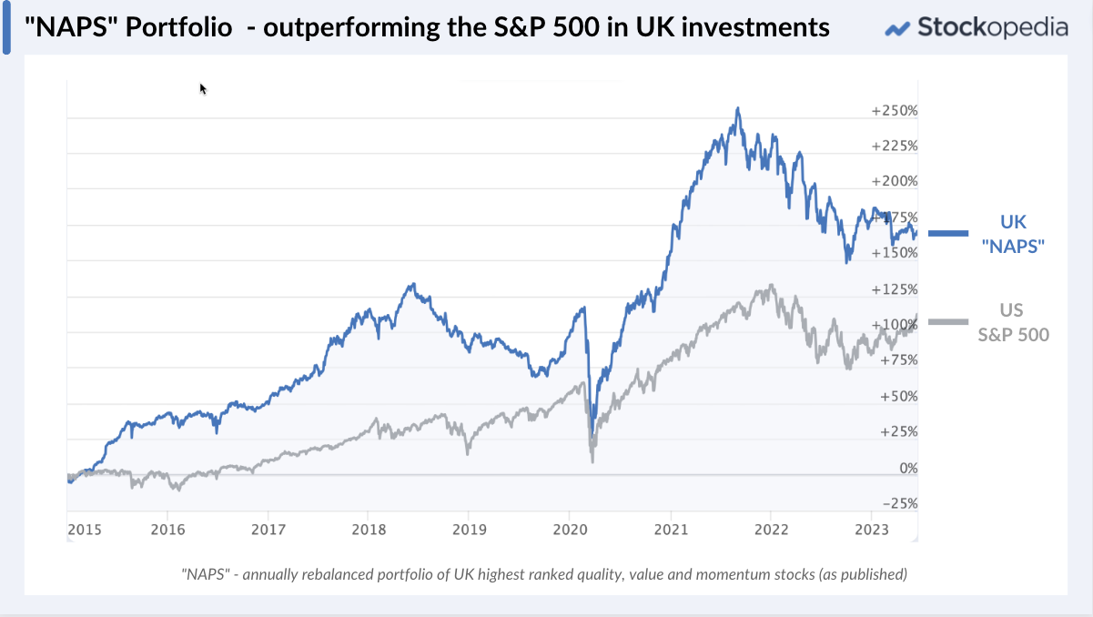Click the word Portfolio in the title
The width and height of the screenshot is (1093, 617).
coord(177,27)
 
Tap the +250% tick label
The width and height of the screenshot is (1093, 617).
coord(895,111)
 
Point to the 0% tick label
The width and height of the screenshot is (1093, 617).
coord(908,469)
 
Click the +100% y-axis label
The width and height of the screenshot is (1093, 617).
coord(895,325)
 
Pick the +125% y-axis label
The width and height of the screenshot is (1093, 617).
coord(895,289)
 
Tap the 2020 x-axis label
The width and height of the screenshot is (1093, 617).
coord(568,529)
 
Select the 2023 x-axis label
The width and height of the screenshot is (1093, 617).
coord(872,529)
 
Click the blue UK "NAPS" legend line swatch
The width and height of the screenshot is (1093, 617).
coord(947,234)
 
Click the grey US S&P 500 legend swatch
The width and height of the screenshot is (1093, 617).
coord(947,321)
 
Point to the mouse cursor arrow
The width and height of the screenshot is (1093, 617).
coord(202,87)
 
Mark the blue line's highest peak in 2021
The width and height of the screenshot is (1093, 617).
coord(738,108)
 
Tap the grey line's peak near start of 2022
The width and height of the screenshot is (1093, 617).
coord(771,286)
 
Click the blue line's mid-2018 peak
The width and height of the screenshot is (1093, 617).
coord(412,284)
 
